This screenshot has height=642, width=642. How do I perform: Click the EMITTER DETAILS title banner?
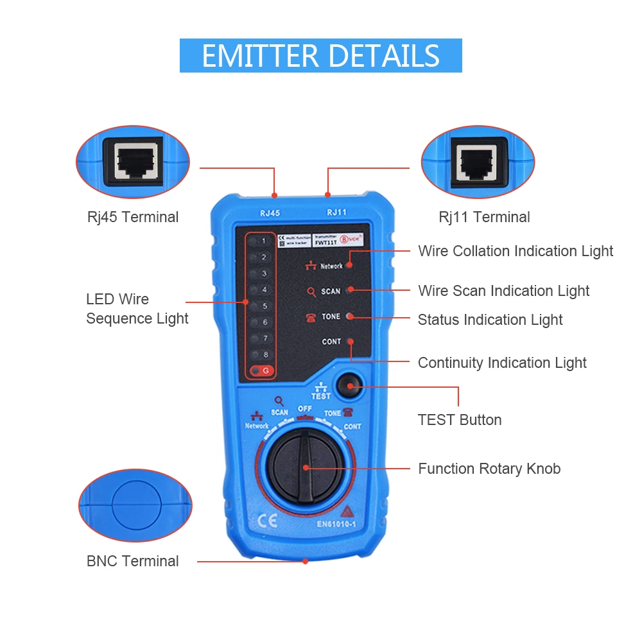coord(320,56)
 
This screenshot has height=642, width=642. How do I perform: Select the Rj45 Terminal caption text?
coord(133,217)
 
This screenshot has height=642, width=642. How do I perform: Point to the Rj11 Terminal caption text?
coord(484,217)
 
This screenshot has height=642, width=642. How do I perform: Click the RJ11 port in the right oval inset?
coord(477,159)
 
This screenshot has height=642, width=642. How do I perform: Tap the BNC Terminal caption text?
coord(133,561)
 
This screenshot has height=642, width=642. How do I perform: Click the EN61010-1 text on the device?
coord(336,523)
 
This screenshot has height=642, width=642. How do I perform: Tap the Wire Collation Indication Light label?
coord(516,251)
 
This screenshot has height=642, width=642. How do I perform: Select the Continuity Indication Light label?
coord(502,363)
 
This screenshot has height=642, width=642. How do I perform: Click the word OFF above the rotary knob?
coord(305,409)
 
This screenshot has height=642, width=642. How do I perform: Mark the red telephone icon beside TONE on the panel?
coord(311,317)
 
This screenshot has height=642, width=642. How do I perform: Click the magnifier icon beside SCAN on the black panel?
coord(311,292)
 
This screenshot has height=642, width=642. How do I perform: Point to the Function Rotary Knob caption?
coord(489,469)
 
